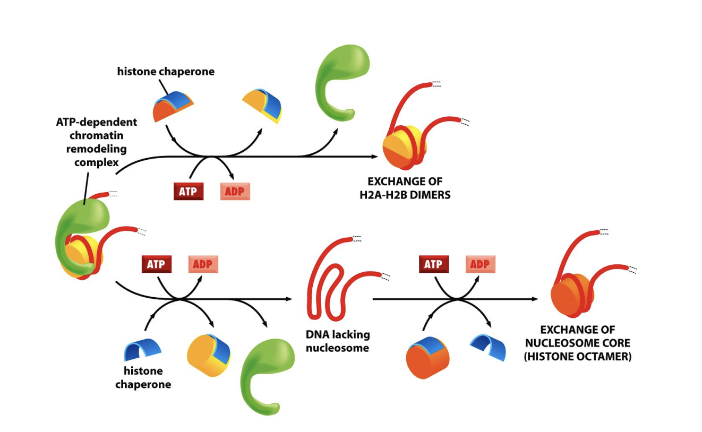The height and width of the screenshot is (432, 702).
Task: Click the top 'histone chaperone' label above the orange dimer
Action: tap(166, 71)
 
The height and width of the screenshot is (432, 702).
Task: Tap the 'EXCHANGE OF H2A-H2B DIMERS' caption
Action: tap(405, 188)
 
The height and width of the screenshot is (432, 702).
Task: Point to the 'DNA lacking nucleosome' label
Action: tap(338, 341)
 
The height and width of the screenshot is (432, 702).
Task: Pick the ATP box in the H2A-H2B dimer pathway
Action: tap(188, 192)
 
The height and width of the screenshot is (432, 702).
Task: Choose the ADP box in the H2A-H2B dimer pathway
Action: tap(235, 192)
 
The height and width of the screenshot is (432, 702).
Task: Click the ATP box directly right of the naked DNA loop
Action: tap(434, 264)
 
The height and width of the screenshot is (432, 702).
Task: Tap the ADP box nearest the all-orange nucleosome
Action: tap(480, 264)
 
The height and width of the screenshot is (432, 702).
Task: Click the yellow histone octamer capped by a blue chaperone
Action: tap(209, 355)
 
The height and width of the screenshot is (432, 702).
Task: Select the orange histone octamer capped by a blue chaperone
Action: tap(427, 359)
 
